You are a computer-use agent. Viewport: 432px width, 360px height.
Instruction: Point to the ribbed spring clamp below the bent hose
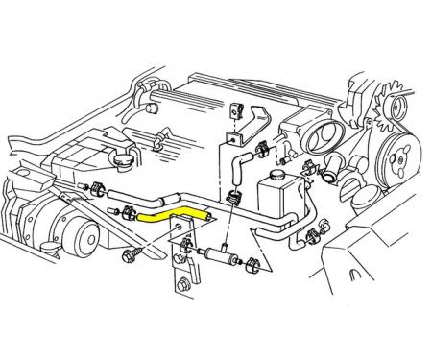click(231, 201)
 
